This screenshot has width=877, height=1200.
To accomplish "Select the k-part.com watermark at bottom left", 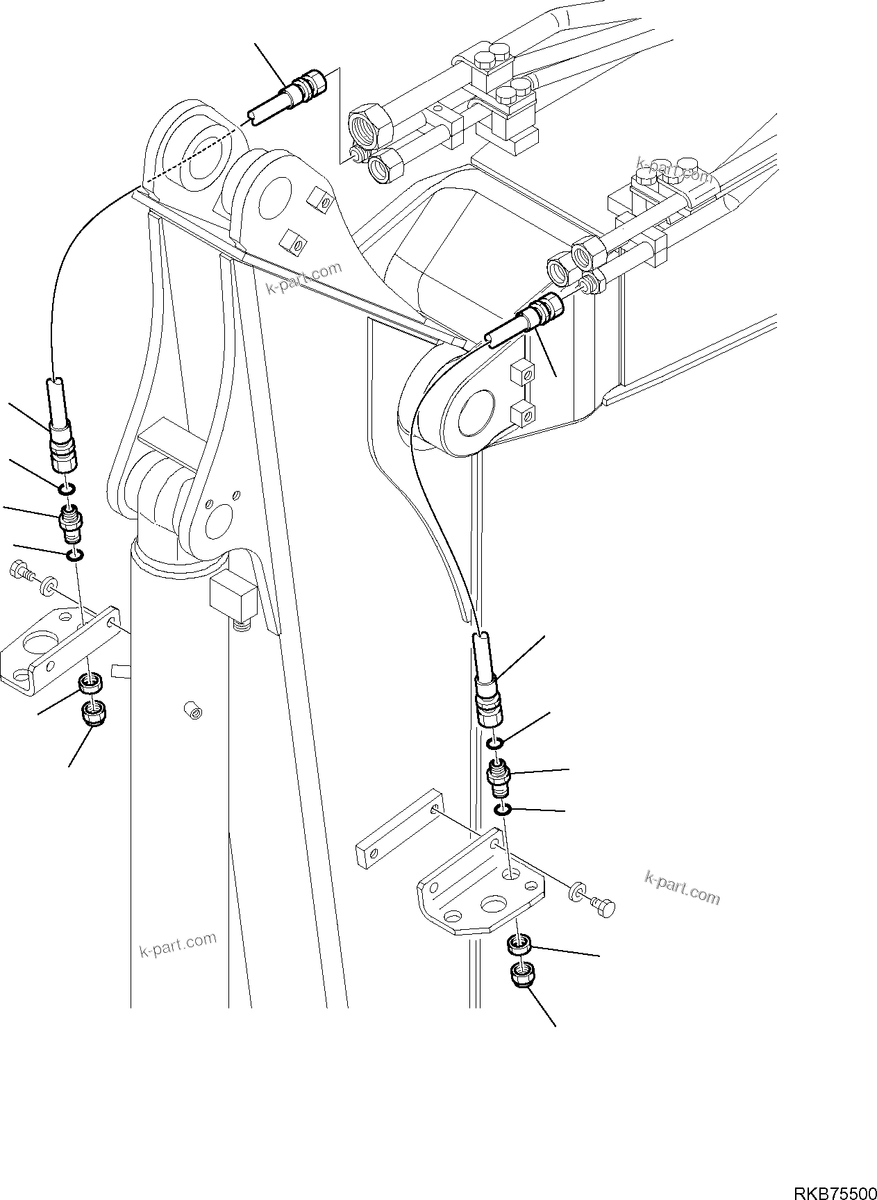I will coord(178,946).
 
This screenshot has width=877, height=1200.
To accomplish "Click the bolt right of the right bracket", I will coord(605,906).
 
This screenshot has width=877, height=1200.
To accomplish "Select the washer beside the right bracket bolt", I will coord(576,892).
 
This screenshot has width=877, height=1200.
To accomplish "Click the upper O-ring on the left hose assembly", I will coord(65,491).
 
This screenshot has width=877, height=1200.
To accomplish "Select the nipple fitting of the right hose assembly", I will coord(498,778).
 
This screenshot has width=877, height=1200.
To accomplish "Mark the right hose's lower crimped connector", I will coord(488,705).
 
